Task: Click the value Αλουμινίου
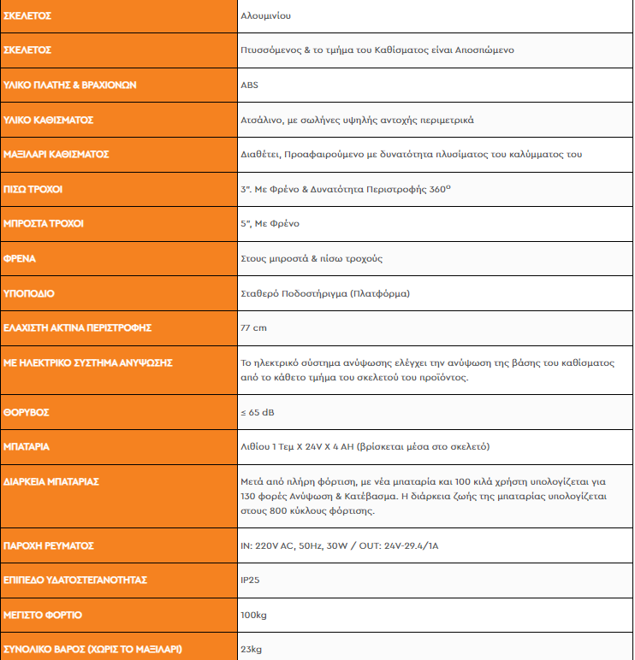pos(271,15)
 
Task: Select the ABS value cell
pos(250,85)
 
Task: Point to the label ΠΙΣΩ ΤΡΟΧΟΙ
pos(33,189)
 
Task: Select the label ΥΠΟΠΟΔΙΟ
pos(29,293)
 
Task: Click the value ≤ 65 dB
pos(258,412)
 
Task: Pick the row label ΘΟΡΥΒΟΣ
pos(27,412)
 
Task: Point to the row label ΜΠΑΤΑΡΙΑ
pos(27,446)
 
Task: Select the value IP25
pos(251,580)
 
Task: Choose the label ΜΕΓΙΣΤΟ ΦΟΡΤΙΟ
pos(43,615)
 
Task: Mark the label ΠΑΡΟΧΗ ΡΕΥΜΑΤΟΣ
pos(49,545)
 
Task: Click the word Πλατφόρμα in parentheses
pos(379,293)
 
